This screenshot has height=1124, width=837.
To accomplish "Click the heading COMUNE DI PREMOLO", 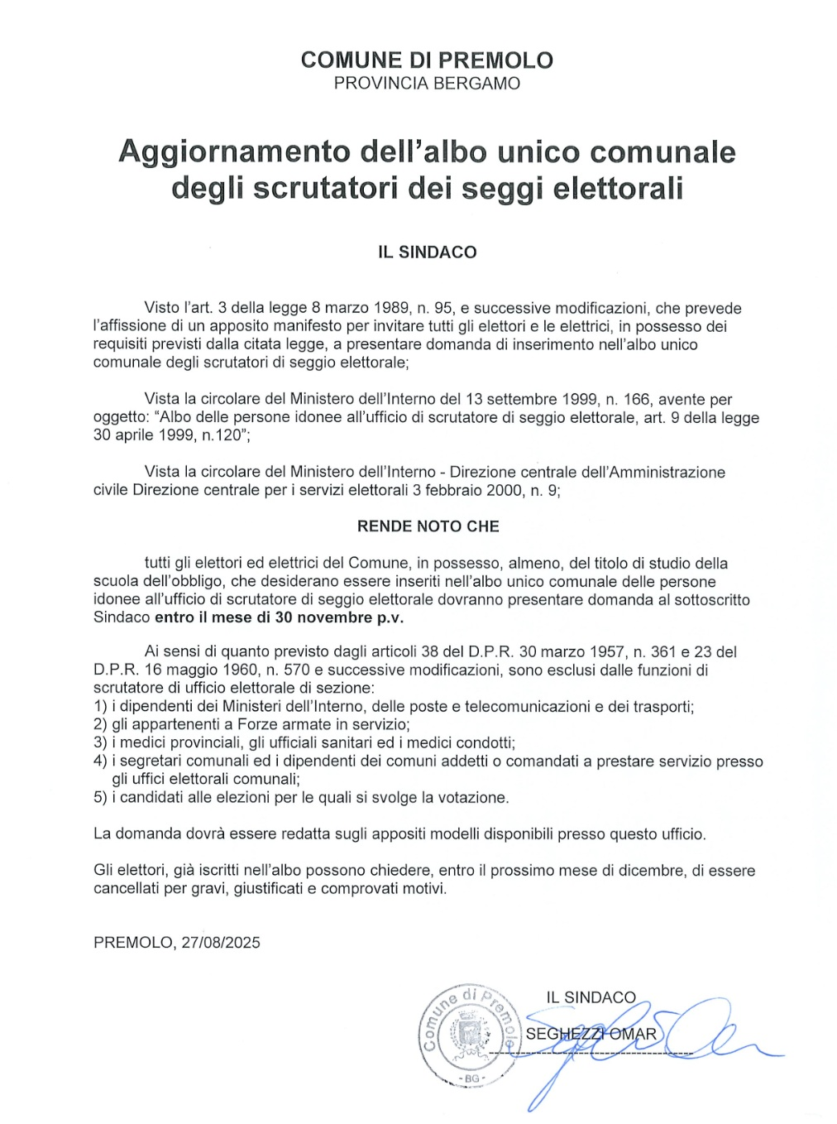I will (x=427, y=60).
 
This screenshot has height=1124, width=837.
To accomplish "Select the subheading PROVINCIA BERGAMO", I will (x=427, y=84).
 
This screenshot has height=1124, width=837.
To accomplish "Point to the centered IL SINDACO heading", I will (x=427, y=252).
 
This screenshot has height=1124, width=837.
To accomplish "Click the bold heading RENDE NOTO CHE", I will (x=428, y=526).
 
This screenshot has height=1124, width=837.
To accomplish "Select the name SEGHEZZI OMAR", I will (x=591, y=1035).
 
